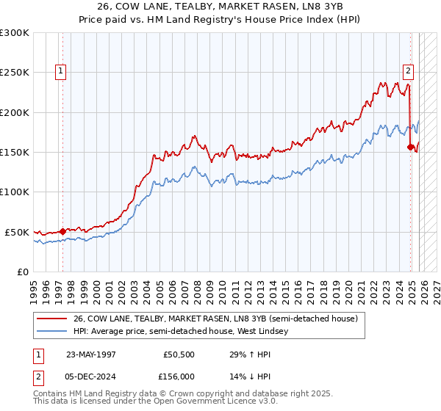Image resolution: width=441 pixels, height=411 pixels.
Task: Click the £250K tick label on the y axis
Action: coord(15,73)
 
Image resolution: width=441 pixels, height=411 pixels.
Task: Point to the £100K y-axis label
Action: coord(15,192)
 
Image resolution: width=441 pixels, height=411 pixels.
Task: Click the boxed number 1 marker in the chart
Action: coord(60,71)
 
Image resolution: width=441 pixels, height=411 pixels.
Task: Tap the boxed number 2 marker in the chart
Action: coord(407,71)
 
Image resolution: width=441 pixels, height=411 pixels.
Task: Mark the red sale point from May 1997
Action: coord(63,231)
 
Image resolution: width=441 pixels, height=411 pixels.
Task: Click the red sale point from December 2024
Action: coord(410,148)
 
